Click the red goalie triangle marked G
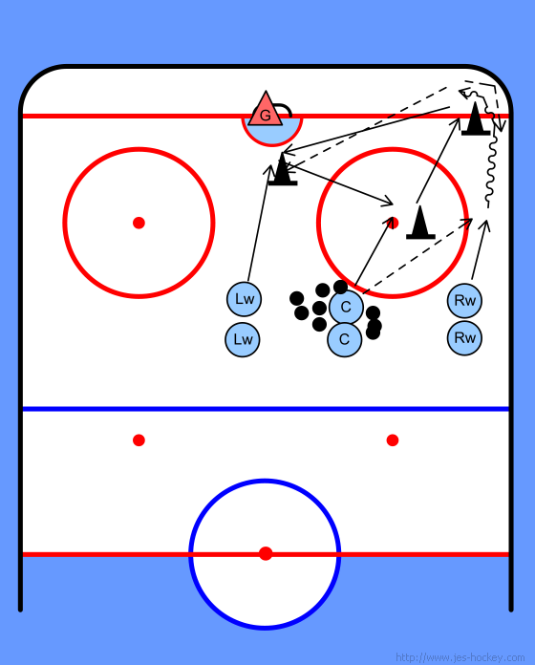[x=266, y=111]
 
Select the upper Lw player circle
[x=244, y=299]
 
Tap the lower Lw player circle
[x=243, y=339]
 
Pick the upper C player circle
[x=346, y=307]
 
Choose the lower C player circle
[x=345, y=339]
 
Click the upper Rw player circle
[x=464, y=301]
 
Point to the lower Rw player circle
[x=464, y=338]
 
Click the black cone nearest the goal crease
[x=283, y=170]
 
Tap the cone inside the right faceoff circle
[x=420, y=223]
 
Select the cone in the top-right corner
[x=476, y=119]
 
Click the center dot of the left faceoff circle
[x=139, y=223]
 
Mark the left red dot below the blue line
[x=139, y=440]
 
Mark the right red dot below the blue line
[x=393, y=440]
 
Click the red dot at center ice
[x=266, y=553]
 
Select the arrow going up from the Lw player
[x=259, y=223]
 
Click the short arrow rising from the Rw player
[x=480, y=249]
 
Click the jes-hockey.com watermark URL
[x=460, y=657]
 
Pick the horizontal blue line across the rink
[x=266, y=409]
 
